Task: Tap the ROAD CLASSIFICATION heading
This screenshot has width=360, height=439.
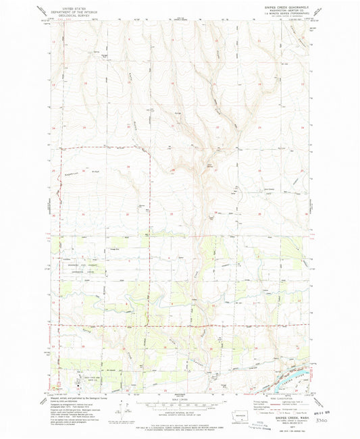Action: tap(278, 398)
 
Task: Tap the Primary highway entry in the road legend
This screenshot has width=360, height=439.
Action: tap(257, 403)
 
